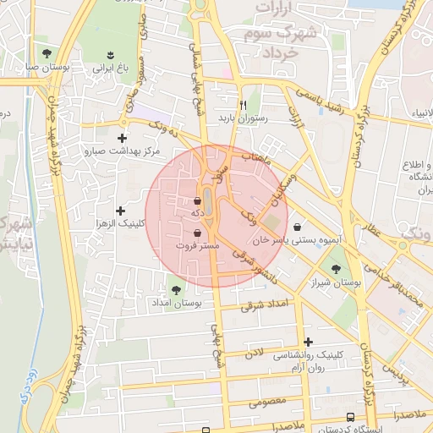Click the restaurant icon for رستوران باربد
click(244, 105)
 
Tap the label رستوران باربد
click(244, 118)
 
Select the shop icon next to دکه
click(198, 201)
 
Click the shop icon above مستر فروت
click(198, 233)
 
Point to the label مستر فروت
click(198, 245)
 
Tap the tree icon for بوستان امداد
click(176, 290)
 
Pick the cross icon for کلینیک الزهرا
click(121, 211)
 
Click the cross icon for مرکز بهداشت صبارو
click(123, 138)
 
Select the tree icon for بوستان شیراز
click(337, 269)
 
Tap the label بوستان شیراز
click(335, 283)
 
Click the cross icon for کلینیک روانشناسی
click(309, 343)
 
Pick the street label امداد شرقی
click(265, 305)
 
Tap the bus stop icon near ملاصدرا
click(350, 417)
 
